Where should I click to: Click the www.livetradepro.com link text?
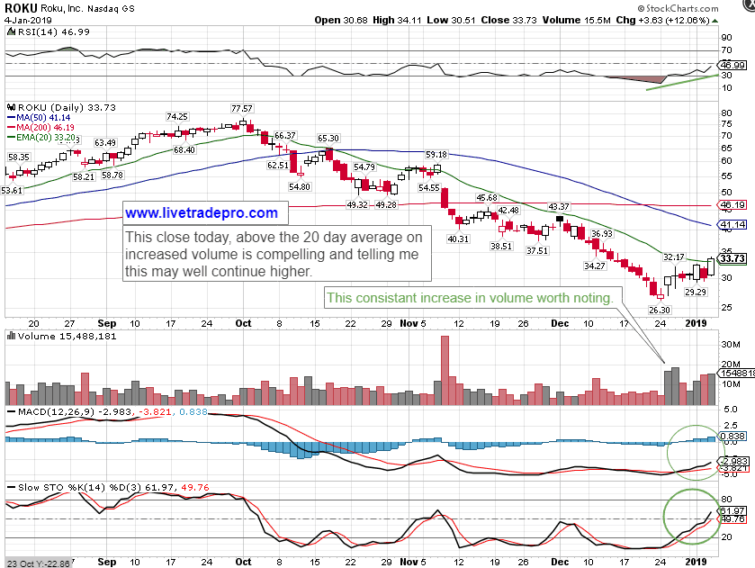click(202, 213)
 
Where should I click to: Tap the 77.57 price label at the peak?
click(242, 108)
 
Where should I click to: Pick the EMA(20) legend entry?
click(42, 139)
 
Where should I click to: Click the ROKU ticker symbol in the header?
click(20, 7)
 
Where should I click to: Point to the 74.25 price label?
click(176, 116)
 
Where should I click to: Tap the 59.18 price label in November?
click(436, 155)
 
